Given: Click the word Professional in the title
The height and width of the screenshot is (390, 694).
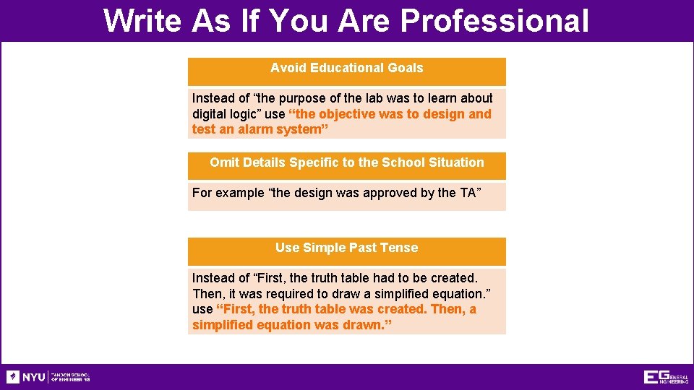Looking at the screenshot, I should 494,21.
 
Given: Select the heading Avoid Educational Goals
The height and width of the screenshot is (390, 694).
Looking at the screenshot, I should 346,68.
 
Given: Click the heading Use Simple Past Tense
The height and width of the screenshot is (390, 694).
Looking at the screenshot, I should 346,248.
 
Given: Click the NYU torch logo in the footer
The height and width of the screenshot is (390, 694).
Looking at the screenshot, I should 13,377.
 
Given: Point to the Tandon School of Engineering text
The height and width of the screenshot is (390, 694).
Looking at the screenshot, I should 70,377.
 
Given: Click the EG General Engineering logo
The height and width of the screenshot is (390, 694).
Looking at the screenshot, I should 665,377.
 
